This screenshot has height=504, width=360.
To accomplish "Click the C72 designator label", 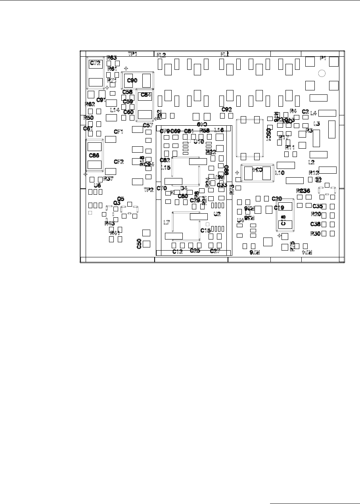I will point(96,63).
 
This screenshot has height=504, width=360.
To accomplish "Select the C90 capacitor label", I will point(132,80).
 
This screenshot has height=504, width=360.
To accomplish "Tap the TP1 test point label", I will point(132,54).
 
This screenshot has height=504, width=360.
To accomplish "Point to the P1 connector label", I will point(323,58).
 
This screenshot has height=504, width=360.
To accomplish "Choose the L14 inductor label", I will point(115,110).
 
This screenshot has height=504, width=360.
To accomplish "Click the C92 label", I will point(226,109).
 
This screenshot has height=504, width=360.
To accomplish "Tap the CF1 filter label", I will point(119,132).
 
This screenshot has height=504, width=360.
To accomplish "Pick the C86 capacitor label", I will point(94,155).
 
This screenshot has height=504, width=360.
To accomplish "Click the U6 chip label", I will point(97,185).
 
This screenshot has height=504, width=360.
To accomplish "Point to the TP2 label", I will point(148,190).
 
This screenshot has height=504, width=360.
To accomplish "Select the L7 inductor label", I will point(167,223).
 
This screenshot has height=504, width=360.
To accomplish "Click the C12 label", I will point(177,252).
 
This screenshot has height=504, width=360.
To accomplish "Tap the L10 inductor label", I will point(280,173).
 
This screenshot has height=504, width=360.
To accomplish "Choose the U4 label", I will point(240,220).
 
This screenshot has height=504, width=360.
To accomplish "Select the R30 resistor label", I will point(315,234).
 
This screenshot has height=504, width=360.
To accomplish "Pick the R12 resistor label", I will point(314,172).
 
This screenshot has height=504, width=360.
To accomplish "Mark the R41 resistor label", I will point(115,233).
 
